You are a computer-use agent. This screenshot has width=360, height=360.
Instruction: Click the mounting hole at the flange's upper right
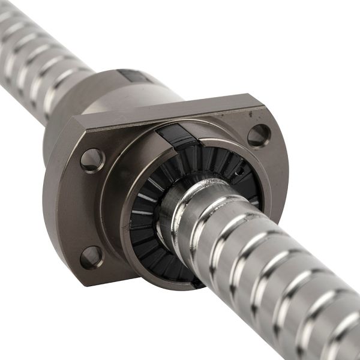[258, 136]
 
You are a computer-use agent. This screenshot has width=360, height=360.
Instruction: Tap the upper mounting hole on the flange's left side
[92, 160]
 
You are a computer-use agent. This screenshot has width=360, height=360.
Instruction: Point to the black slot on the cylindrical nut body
[131, 76]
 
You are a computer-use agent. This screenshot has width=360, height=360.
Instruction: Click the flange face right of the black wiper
[273, 180]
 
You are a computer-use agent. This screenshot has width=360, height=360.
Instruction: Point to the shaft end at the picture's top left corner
[9, 18]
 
